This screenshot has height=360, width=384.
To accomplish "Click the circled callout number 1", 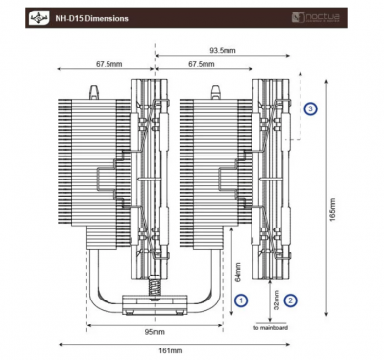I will tap(242, 300).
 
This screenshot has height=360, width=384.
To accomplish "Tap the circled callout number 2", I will tap(291, 300).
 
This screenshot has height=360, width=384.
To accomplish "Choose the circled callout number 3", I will tap(310, 109).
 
